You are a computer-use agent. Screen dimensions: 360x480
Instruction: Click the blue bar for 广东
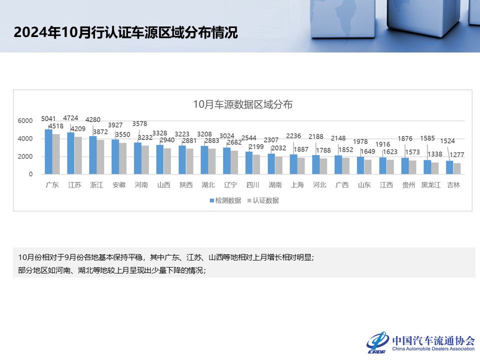point(48,152)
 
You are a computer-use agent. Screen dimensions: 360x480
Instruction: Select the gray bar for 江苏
point(78,155)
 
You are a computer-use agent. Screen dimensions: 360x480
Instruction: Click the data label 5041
point(48,119)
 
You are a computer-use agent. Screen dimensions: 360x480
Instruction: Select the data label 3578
point(139,124)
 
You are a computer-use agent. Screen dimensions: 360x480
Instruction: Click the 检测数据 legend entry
point(225,200)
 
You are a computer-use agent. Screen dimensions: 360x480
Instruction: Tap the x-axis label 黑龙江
point(431,185)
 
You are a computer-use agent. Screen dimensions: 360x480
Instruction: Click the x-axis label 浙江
point(96,185)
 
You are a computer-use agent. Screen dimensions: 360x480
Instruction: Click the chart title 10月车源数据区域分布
point(243,104)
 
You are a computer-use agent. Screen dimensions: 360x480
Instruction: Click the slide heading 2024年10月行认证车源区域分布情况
point(126,32)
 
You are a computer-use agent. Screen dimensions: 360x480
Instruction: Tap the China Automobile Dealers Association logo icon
point(377,342)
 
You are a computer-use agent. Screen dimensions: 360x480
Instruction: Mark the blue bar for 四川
point(249,163)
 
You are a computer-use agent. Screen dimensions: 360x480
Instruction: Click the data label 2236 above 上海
point(293,135)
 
